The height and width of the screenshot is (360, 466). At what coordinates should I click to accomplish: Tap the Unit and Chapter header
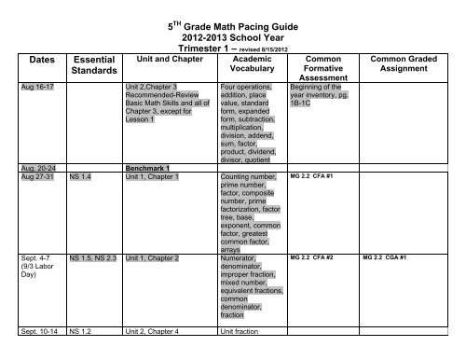pyautogui.click(x=164, y=56)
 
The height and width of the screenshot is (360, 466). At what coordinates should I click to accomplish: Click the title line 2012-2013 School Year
pyautogui.click(x=232, y=29)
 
